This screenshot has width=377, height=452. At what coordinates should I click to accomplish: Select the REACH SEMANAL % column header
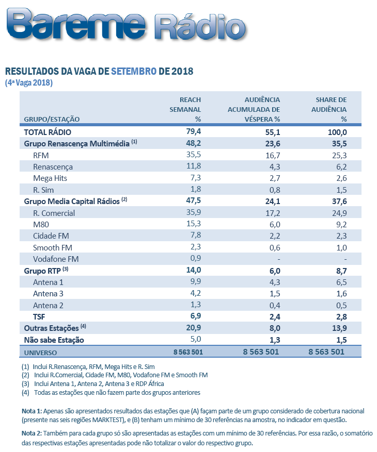[186, 109]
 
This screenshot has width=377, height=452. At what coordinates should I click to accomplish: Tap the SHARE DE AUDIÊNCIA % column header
[331, 109]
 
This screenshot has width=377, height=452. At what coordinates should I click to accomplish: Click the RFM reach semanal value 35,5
[193, 155]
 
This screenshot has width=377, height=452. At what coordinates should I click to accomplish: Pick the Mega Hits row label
[50, 178]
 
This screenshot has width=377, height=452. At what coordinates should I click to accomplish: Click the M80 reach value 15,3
[193, 224]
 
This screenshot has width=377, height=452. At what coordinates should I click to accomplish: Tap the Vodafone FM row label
[56, 259]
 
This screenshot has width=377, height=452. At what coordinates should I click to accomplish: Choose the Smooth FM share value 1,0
[341, 247]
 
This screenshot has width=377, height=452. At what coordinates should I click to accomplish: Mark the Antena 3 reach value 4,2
[195, 294]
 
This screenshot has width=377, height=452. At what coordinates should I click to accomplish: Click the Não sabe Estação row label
[54, 340]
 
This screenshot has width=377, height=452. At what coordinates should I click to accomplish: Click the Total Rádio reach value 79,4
[193, 132]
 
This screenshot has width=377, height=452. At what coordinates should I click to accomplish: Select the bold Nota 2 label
[32, 433]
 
